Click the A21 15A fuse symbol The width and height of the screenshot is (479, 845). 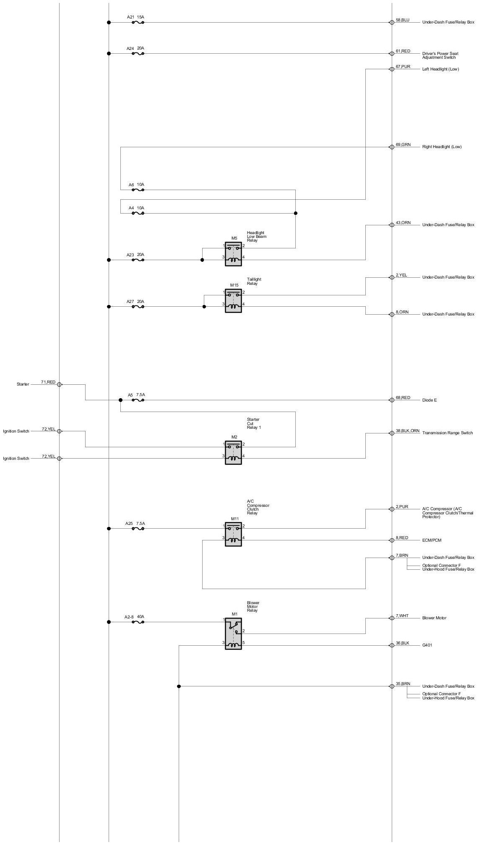coord(138,22)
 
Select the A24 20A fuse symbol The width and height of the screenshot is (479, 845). coord(138,53)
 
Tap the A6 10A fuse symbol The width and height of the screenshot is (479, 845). coord(138,190)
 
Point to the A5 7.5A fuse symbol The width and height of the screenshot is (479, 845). coord(138,400)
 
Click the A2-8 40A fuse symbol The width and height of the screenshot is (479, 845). coord(138,622)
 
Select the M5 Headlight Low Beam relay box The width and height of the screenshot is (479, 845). coord(233,254)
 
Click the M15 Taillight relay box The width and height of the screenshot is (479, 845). coord(233,300)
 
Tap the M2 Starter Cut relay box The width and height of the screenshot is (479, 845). coord(233,452)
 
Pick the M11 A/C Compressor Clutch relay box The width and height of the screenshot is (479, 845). coord(233,534)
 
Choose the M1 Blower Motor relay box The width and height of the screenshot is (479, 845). coord(233,634)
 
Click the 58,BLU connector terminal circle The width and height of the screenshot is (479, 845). coord(392,22)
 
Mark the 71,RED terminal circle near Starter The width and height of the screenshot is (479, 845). coord(59,384)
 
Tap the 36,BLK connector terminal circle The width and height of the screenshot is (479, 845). coord(392,645)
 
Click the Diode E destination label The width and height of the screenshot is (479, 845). coord(429,400)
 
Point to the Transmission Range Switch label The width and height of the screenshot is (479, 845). coord(447,433)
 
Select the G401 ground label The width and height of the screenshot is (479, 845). coord(427,645)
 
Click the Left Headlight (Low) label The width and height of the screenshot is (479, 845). coord(440,69)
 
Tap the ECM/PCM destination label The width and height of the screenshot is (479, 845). coord(432,540)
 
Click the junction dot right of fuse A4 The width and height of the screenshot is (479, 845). coord(295,213)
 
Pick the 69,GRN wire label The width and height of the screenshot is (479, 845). coord(403,145)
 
